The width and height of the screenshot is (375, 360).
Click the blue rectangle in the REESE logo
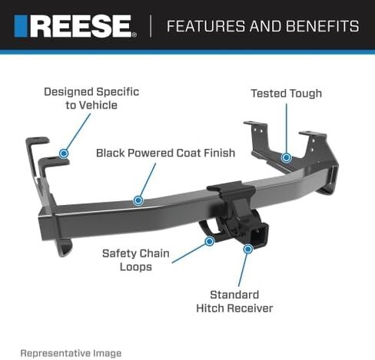pyautogui.click(x=21, y=26)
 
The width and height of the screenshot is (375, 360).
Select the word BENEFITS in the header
pyautogui.click(x=323, y=26)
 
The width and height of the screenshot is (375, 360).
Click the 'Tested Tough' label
pyautogui.click(x=287, y=94)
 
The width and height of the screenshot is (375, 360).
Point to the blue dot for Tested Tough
pyautogui.click(x=287, y=157)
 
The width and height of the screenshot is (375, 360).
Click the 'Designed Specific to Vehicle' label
pyautogui.click(x=91, y=98)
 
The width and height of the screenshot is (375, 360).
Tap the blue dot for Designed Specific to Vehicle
pyautogui.click(x=64, y=154)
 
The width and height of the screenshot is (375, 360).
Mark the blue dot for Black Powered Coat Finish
pyautogui.click(x=138, y=200)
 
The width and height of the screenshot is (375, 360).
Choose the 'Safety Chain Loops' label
pyautogui.click(x=136, y=260)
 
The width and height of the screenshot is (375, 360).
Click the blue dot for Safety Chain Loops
pyautogui.click(x=210, y=241)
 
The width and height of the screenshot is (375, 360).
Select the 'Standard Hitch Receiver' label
pyautogui.click(x=234, y=302)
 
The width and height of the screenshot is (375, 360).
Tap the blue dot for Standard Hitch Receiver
pyautogui.click(x=248, y=249)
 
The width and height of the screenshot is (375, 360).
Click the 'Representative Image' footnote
pyautogui.click(x=71, y=353)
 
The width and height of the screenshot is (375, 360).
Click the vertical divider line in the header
pyautogui.click(x=151, y=26)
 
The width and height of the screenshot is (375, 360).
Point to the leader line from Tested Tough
pyautogui.click(x=287, y=128)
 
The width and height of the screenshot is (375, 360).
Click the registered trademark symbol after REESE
pyautogui.click(x=134, y=35)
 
